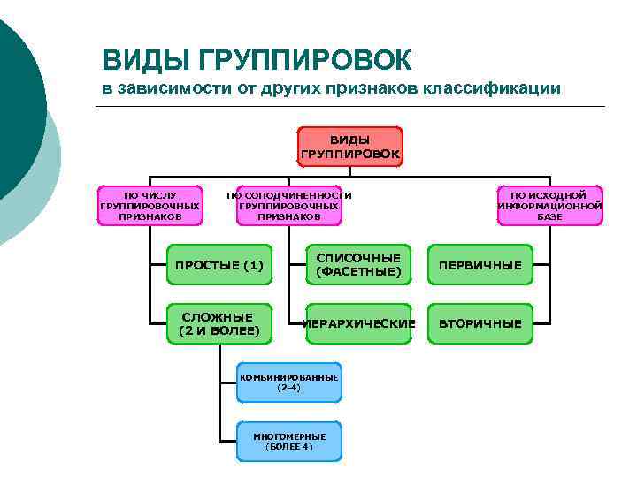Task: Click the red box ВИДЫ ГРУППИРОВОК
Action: tap(350, 147)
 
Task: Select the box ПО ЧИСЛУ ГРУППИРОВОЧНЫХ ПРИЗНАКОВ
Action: tap(150, 206)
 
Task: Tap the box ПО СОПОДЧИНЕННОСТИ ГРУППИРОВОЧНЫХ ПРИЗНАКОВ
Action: tap(289, 206)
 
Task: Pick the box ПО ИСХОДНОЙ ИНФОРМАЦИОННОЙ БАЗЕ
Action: tap(549, 206)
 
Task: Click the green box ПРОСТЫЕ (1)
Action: tap(219, 265)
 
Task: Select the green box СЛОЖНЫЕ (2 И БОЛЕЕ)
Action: tap(219, 324)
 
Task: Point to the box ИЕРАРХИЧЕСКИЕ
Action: tap(358, 324)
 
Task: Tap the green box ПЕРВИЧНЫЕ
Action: tap(480, 265)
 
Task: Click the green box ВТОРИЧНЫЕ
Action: tap(480, 324)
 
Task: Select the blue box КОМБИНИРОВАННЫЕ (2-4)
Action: tap(289, 382)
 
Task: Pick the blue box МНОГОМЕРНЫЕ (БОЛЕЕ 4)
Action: tap(289, 441)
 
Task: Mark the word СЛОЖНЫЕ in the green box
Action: tap(218, 317)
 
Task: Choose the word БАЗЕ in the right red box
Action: tap(549, 216)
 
